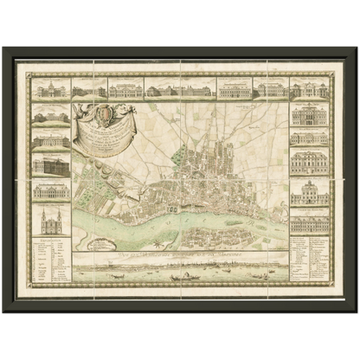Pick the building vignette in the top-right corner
coord(309,88)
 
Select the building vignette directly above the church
coord(50,191)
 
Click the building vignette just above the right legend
coord(309,222)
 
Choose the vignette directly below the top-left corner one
coord(50,114)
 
